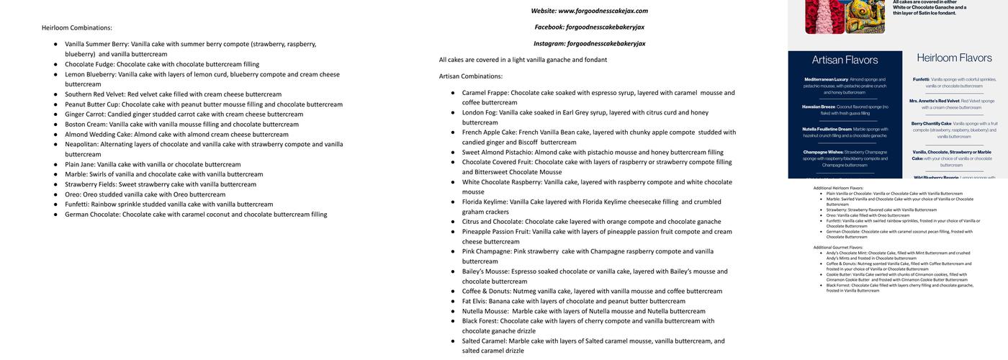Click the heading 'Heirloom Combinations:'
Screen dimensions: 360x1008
coord(77,28)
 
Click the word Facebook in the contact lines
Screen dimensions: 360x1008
coord(549,27)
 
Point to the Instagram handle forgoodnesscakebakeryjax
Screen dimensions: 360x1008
coord(606,44)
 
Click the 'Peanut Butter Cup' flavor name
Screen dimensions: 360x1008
coord(91,104)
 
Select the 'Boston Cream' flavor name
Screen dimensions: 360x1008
coord(86,125)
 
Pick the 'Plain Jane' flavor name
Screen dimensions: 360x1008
coord(80,165)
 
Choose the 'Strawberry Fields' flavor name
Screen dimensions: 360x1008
coord(91,184)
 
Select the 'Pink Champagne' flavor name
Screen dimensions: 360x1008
coord(487,252)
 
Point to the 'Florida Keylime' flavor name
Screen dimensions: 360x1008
coord(485,202)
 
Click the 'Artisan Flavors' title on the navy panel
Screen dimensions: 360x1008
coord(845,60)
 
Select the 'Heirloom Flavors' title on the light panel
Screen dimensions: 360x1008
coord(954,58)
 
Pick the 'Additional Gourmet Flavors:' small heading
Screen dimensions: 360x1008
coord(838,248)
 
